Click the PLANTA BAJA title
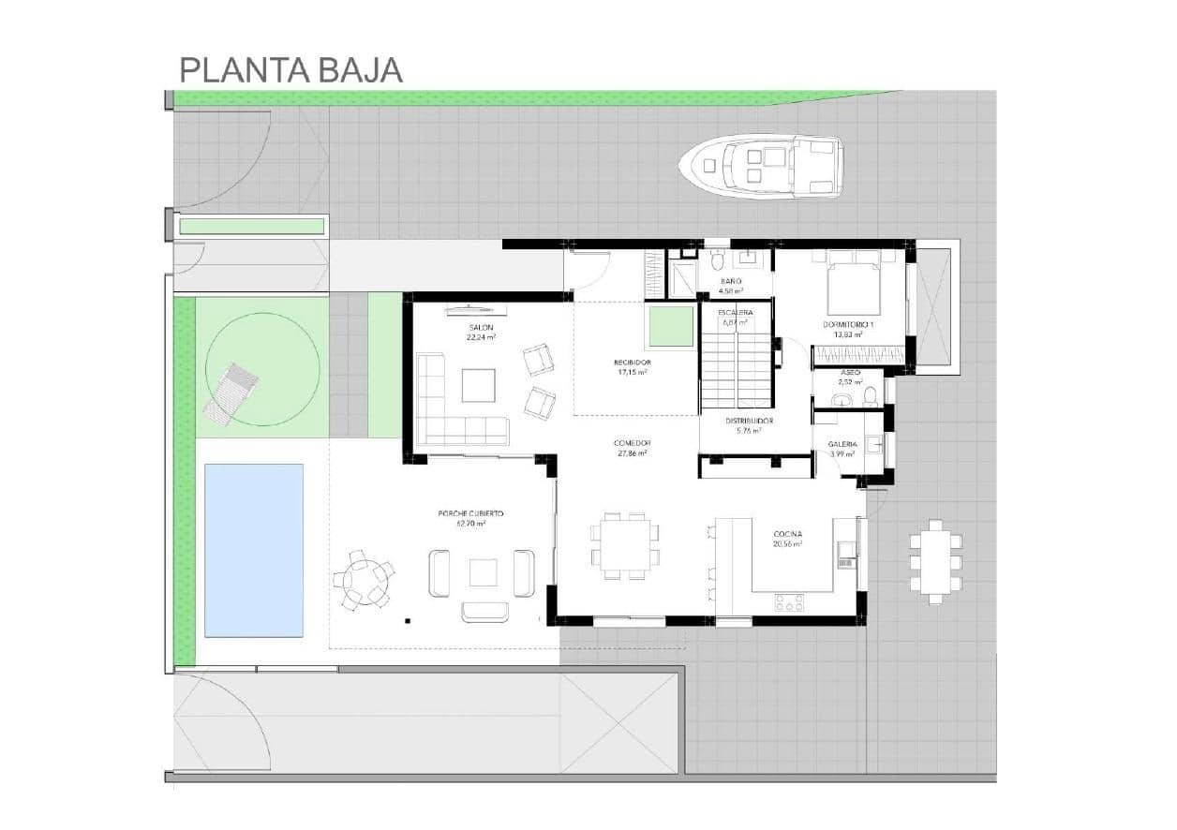(x=291, y=69)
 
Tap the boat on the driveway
(x=760, y=165)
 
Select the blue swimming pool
(x=253, y=550)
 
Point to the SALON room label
(x=481, y=327)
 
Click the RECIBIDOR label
(x=632, y=363)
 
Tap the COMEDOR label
(x=632, y=443)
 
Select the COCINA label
(x=786, y=534)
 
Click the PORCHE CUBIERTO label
(x=470, y=513)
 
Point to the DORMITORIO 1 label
(x=847, y=324)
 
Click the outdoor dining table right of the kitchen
(x=934, y=562)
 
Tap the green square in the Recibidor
(x=669, y=326)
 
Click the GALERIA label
(x=842, y=444)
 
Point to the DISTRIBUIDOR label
(x=749, y=421)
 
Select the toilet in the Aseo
(x=869, y=396)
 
